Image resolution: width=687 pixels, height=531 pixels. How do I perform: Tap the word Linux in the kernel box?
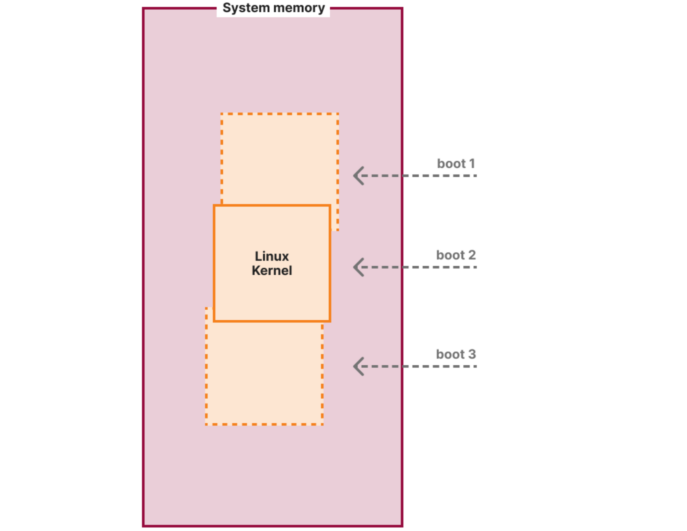click(x=272, y=256)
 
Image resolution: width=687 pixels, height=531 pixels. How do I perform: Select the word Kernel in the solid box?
click(x=272, y=271)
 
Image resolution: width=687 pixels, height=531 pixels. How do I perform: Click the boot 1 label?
click(x=456, y=164)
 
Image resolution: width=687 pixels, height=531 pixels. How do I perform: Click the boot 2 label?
click(x=456, y=255)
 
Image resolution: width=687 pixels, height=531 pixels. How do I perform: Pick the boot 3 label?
click(x=456, y=354)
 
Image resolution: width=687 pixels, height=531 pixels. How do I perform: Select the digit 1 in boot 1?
click(x=472, y=164)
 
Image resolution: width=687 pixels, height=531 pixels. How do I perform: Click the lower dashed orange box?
click(x=264, y=375)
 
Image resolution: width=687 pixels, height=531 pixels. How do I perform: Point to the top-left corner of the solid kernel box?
click(x=214, y=206)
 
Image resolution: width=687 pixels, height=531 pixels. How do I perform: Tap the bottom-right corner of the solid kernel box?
click(x=330, y=321)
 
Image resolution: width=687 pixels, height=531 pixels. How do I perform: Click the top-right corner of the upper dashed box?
click(x=338, y=114)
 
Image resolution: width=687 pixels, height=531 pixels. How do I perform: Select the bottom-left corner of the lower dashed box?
click(x=206, y=424)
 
